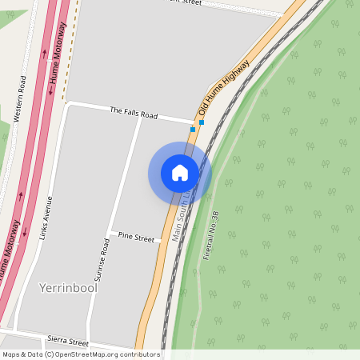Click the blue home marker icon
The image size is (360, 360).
pyautogui.click(x=180, y=173)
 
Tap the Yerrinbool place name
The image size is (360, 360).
pyautogui.click(x=67, y=287)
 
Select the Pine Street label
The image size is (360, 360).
pyautogui.click(x=135, y=238)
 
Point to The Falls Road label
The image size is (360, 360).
pyautogui.click(x=134, y=114)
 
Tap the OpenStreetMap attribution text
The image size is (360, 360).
pyautogui.click(x=81, y=354)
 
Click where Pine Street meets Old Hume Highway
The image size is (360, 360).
pyautogui.click(x=160, y=239)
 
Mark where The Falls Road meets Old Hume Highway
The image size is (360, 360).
pyautogui.click(x=194, y=122)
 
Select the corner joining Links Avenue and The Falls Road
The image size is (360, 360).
pyautogui.click(x=69, y=104)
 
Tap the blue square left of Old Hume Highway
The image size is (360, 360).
pyautogui.click(x=192, y=129)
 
